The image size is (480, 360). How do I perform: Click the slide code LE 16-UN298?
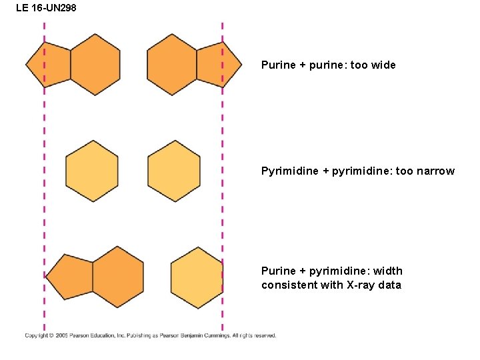tap(46, 8)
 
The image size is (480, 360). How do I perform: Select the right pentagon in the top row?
tap(218, 65)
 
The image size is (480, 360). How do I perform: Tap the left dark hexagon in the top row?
tap(95, 65)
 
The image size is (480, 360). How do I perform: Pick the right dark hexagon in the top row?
tap(172, 65)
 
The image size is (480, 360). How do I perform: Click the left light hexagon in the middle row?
tap(92, 171)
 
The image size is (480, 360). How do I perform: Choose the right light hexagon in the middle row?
tap(174, 171)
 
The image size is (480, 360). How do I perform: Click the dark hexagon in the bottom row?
tap(118, 277)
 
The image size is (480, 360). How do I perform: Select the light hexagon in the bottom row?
tap(197, 277)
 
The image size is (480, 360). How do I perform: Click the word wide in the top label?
tap(383, 65)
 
